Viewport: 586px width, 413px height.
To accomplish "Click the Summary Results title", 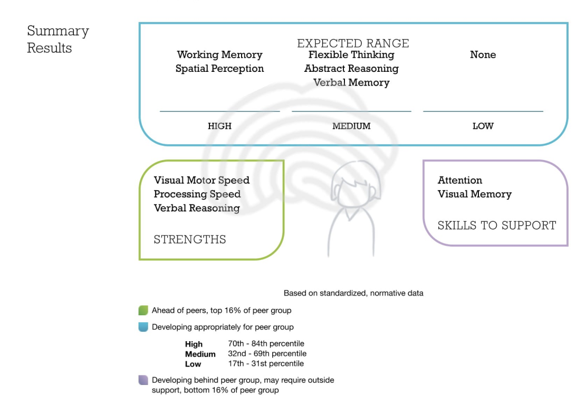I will tap(57, 39).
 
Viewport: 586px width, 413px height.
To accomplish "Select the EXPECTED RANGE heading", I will tap(353, 43).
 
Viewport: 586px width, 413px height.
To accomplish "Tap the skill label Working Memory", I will tap(219, 55).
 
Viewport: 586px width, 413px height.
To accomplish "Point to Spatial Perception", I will tap(219, 69).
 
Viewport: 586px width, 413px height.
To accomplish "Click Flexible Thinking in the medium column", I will tap(351, 55).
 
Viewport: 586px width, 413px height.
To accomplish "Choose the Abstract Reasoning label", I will tap(351, 69).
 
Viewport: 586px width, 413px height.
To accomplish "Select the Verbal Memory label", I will tap(351, 82).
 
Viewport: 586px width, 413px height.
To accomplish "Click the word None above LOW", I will tap(483, 55).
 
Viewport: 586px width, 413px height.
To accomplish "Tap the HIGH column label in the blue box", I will tap(219, 126).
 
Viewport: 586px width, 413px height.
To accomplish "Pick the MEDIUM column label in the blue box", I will tap(351, 126).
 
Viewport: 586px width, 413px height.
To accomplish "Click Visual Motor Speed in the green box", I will tap(201, 180).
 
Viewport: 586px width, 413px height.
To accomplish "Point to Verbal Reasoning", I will tap(197, 208).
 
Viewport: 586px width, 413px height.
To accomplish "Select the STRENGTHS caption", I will tap(190, 239).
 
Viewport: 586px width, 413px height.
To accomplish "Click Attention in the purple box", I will tap(460, 180).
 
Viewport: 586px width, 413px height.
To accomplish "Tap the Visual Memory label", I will tap(475, 194).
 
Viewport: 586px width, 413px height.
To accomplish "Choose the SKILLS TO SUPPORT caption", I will tap(497, 226).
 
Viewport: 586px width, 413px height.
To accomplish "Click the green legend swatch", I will tap(143, 311).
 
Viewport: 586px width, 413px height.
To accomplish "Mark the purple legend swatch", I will tap(143, 380).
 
